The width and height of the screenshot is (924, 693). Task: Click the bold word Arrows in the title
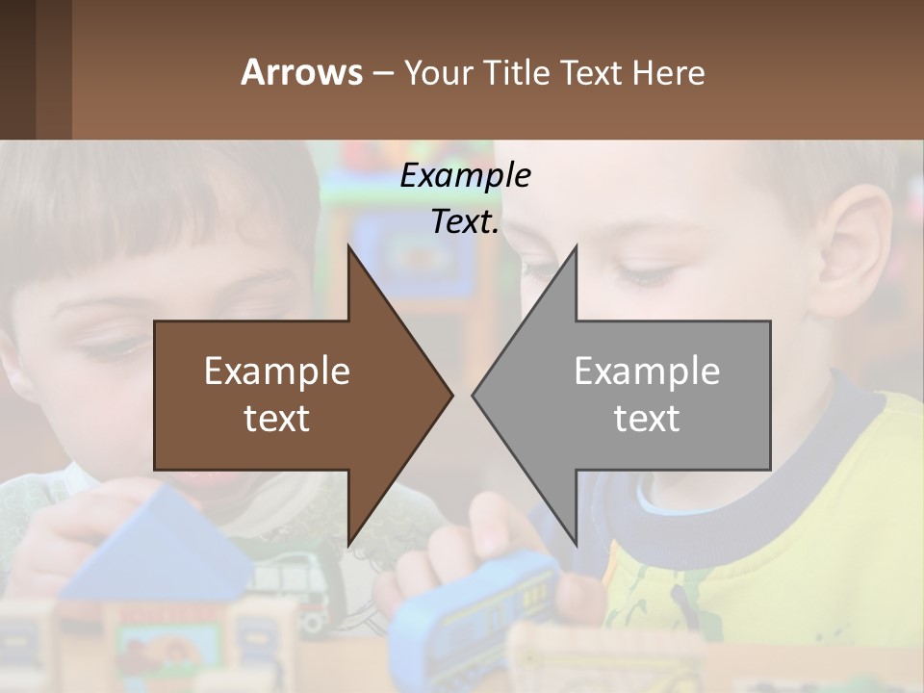301,72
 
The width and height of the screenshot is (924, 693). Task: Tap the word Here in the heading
668,72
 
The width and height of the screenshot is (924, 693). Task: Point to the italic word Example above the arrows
465,175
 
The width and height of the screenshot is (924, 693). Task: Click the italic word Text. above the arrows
465,221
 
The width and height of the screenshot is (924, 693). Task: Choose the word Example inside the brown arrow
277,372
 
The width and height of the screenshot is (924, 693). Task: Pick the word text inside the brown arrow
277,418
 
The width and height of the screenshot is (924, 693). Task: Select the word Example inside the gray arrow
647,372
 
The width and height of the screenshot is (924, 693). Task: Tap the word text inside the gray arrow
647,418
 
